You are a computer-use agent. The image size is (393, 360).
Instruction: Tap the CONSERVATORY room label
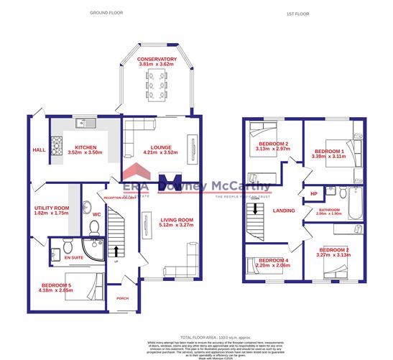tap(157, 59)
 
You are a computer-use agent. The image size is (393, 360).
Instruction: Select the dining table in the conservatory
tap(157, 86)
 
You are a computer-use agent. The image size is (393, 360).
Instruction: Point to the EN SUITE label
tap(73, 257)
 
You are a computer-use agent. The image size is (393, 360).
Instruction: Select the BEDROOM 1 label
tap(330, 151)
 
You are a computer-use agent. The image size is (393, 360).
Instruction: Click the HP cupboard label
tap(313, 194)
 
